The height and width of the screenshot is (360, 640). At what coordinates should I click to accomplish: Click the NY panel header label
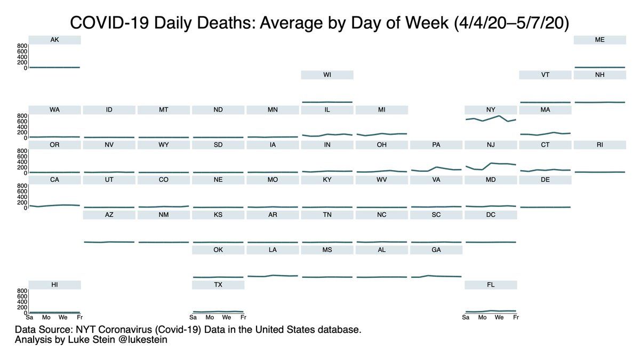[491, 110]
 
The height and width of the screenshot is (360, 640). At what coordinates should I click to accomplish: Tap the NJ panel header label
[491, 145]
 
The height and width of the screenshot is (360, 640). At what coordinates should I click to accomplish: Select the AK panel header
[54, 40]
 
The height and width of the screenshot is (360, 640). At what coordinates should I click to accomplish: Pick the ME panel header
[599, 40]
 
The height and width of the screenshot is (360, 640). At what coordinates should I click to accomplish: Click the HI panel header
[54, 285]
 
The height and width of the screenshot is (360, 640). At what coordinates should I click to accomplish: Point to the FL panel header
[491, 285]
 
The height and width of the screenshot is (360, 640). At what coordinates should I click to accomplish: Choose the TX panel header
[218, 285]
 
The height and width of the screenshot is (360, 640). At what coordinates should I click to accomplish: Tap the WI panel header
[327, 75]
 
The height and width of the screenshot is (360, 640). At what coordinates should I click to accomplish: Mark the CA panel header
[54, 180]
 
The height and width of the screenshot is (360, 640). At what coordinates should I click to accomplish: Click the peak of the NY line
[499, 116]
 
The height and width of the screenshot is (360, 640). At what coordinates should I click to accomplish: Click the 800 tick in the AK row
[22, 46]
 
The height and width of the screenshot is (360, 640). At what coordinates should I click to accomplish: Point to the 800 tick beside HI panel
[22, 291]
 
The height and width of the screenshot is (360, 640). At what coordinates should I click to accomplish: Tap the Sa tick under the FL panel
[466, 318]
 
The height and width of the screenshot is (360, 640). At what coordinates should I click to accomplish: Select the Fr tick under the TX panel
[243, 318]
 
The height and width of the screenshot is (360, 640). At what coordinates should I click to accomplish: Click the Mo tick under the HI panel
[46, 318]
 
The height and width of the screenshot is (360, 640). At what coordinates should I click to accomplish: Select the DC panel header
[491, 215]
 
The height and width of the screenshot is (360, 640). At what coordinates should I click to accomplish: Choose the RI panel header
[599, 145]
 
